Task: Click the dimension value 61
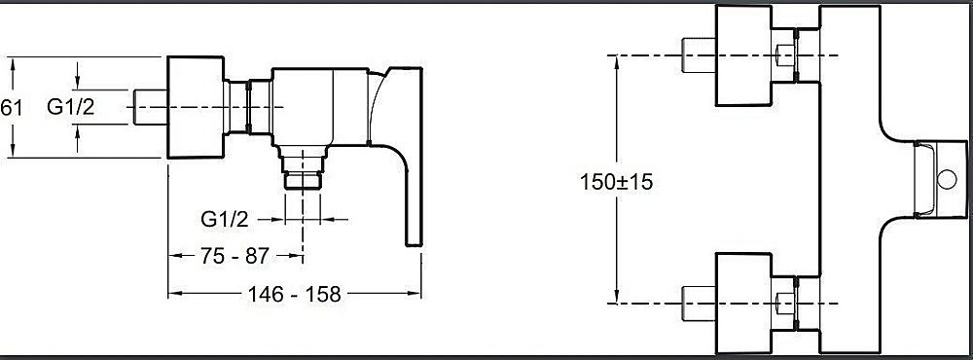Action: (x=11, y=108)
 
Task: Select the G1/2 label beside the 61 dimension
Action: (x=71, y=108)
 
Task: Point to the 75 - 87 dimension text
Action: (x=234, y=256)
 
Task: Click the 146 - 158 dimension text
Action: (x=295, y=293)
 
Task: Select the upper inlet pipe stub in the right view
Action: (x=699, y=56)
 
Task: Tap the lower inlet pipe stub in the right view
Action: (x=699, y=303)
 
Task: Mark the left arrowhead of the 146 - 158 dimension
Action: (x=174, y=293)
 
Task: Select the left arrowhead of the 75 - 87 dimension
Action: (x=174, y=256)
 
